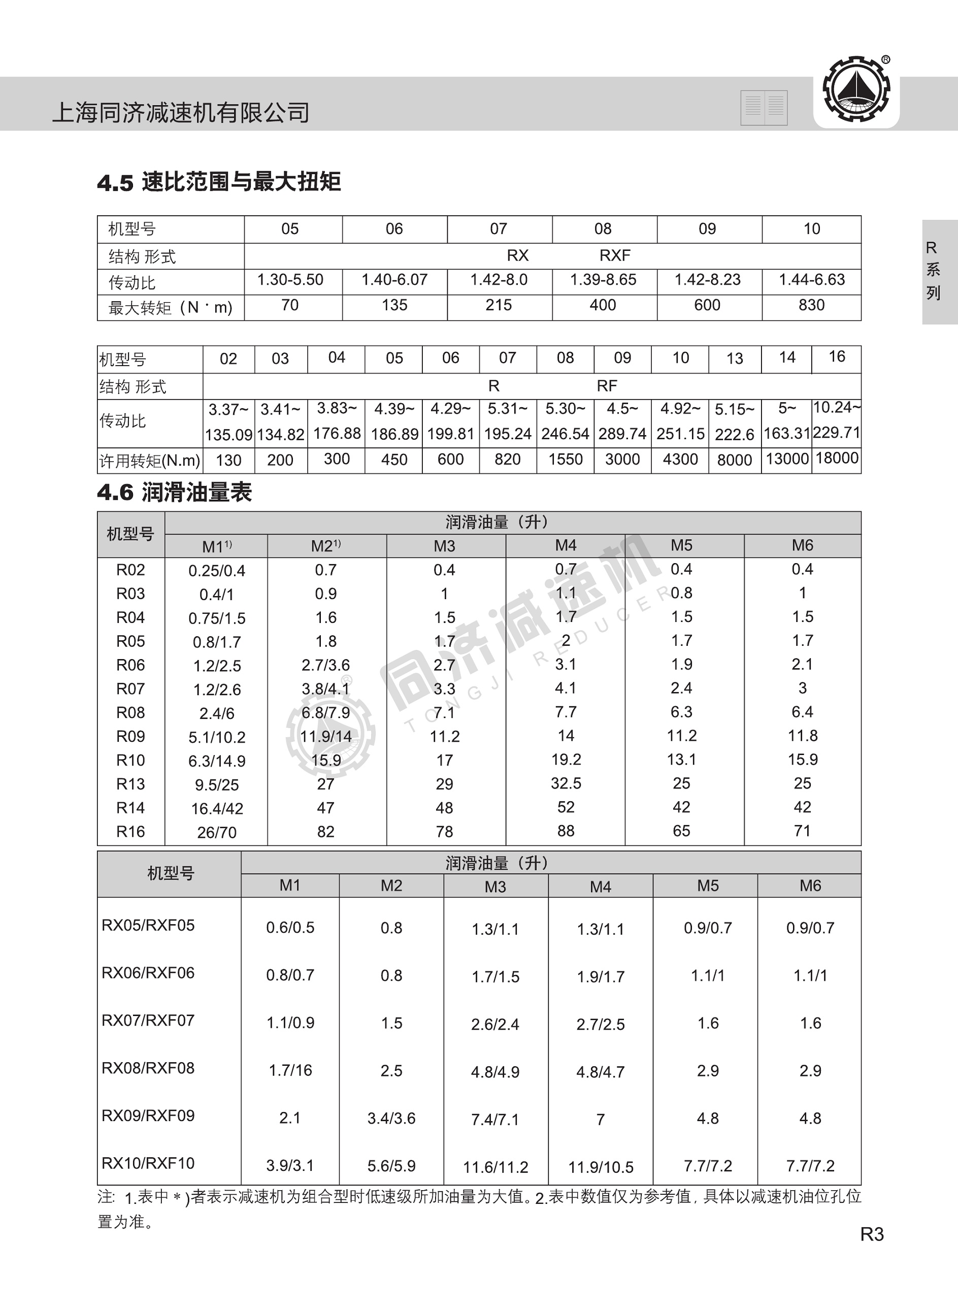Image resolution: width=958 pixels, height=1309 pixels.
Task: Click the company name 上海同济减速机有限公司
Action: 181,112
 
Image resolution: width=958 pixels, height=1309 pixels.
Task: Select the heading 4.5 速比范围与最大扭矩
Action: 219,182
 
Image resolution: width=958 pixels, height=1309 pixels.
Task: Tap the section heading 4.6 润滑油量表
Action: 174,493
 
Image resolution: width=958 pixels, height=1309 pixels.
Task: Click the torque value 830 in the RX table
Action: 811,305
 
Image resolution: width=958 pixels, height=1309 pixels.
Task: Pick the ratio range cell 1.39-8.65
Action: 603,280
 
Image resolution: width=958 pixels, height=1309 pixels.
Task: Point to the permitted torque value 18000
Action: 836,458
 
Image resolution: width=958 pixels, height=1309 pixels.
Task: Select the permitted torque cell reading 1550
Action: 565,460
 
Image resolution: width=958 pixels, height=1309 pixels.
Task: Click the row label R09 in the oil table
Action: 130,737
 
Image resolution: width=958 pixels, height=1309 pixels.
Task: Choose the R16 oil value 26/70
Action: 216,832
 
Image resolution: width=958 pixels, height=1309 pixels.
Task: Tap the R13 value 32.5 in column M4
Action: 566,783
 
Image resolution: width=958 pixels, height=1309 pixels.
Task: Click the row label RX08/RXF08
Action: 148,1068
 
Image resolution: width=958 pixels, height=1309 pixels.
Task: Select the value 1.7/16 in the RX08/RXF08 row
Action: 290,1070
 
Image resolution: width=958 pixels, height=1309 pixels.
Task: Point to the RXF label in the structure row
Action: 615,255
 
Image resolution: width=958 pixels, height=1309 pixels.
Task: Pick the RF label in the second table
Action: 607,386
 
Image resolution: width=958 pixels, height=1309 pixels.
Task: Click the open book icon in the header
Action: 764,107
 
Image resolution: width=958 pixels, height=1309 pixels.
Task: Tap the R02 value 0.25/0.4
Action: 216,571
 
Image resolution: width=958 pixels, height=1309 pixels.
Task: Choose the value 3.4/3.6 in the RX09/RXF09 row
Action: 391,1118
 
